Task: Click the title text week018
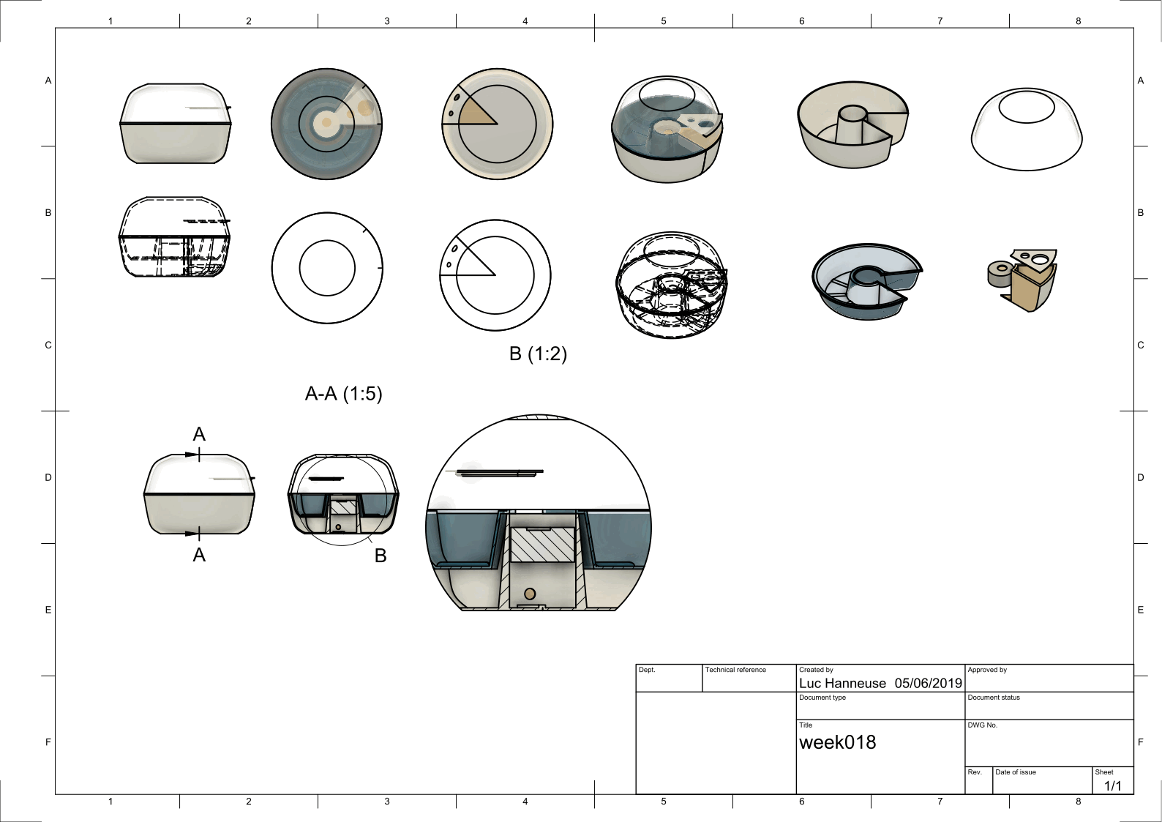point(837,742)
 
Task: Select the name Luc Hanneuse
point(842,683)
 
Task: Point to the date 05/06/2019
point(929,683)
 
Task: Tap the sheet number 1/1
point(1113,785)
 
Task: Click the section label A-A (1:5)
point(343,394)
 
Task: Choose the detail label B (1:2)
point(538,354)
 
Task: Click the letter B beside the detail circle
point(381,556)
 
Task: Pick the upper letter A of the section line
point(199,434)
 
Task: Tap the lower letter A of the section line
point(199,556)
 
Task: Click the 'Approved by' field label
point(987,670)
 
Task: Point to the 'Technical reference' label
point(735,670)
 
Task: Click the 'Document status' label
point(994,698)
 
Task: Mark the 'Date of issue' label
point(1015,772)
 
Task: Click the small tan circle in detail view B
point(530,594)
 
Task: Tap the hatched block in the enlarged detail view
point(543,545)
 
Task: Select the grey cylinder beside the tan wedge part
point(999,274)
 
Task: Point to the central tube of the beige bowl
point(852,124)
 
